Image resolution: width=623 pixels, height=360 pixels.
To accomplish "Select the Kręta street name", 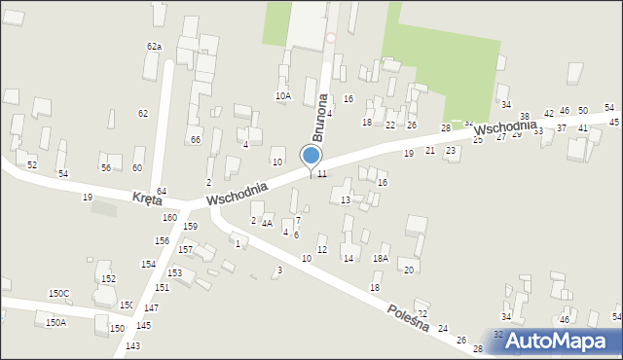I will click(148, 198).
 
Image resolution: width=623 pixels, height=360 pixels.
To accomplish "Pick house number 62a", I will click(154, 46).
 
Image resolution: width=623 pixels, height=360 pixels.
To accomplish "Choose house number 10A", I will click(283, 95).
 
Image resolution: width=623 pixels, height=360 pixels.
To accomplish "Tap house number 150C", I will click(59, 293).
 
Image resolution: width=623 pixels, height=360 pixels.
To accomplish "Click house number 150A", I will click(55, 322).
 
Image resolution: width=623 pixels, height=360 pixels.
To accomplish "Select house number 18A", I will click(380, 258).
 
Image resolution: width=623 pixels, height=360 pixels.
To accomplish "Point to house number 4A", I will click(267, 223).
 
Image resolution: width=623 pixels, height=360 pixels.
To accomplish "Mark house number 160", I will click(169, 217).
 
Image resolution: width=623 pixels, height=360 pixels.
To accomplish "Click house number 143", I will click(132, 346).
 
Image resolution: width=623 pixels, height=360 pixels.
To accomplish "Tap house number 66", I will click(195, 140).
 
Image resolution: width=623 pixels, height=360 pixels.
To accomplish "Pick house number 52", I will click(32, 164).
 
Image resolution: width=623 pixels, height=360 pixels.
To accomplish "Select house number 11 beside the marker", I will click(321, 173).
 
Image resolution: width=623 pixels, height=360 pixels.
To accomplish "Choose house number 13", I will click(346, 199).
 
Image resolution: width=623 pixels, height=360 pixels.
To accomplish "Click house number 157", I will click(185, 250).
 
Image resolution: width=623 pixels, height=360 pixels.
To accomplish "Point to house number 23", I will click(451, 151).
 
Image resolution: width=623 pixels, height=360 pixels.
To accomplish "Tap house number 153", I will click(174, 273).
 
